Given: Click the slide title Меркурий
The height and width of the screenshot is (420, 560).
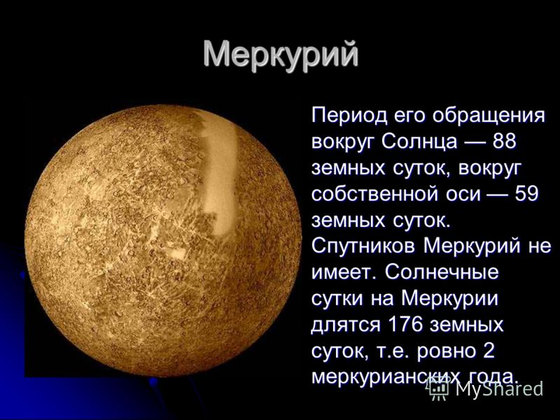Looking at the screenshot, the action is pyautogui.click(x=281, y=55).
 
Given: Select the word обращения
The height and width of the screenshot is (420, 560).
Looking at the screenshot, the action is pyautogui.click(x=489, y=117).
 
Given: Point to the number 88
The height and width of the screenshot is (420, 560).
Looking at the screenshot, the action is pyautogui.click(x=504, y=141).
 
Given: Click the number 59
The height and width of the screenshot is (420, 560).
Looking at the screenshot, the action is pyautogui.click(x=526, y=194).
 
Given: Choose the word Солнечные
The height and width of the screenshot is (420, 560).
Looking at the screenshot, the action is pyautogui.click(x=442, y=273).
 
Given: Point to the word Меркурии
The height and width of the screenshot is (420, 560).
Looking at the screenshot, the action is pyautogui.click(x=449, y=300).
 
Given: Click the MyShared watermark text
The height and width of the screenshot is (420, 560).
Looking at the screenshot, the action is pyautogui.click(x=499, y=389).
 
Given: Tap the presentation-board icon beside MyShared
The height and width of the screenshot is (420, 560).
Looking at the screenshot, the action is pyautogui.click(x=438, y=389).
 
